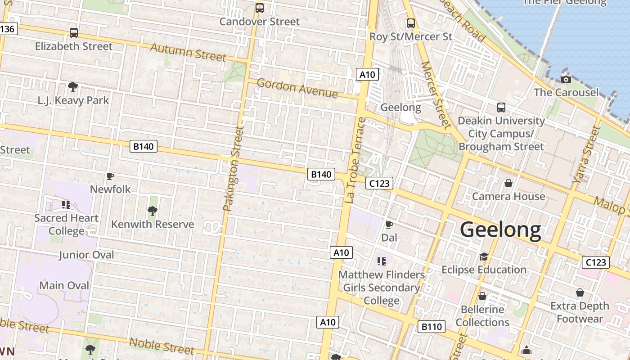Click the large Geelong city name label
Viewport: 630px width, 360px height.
point(500,229)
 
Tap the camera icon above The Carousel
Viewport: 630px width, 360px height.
point(566,80)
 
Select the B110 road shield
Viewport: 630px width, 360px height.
point(432,327)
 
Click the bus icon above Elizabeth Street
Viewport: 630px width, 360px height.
point(73,33)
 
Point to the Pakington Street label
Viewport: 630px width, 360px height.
point(234,169)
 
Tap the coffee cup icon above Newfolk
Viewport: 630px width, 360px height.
point(110,176)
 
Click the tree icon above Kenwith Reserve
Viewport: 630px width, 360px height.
point(153,211)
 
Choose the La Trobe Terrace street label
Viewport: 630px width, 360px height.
point(355,160)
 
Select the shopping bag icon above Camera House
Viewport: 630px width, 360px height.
point(508,183)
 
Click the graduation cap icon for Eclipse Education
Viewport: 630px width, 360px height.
point(484,256)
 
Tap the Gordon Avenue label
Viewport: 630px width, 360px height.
point(297,88)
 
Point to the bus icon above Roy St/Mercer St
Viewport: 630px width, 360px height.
point(410,23)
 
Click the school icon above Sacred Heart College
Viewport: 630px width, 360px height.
point(66,205)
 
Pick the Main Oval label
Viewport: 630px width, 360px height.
point(64,285)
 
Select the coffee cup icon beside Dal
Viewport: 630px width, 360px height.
point(389,225)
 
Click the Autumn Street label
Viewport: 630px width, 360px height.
point(188,52)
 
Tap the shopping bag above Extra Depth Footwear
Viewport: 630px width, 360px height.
point(580,292)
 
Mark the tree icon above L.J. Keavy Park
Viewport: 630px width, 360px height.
point(72,86)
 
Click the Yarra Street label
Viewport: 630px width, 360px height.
point(586,154)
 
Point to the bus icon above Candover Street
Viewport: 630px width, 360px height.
point(259,8)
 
